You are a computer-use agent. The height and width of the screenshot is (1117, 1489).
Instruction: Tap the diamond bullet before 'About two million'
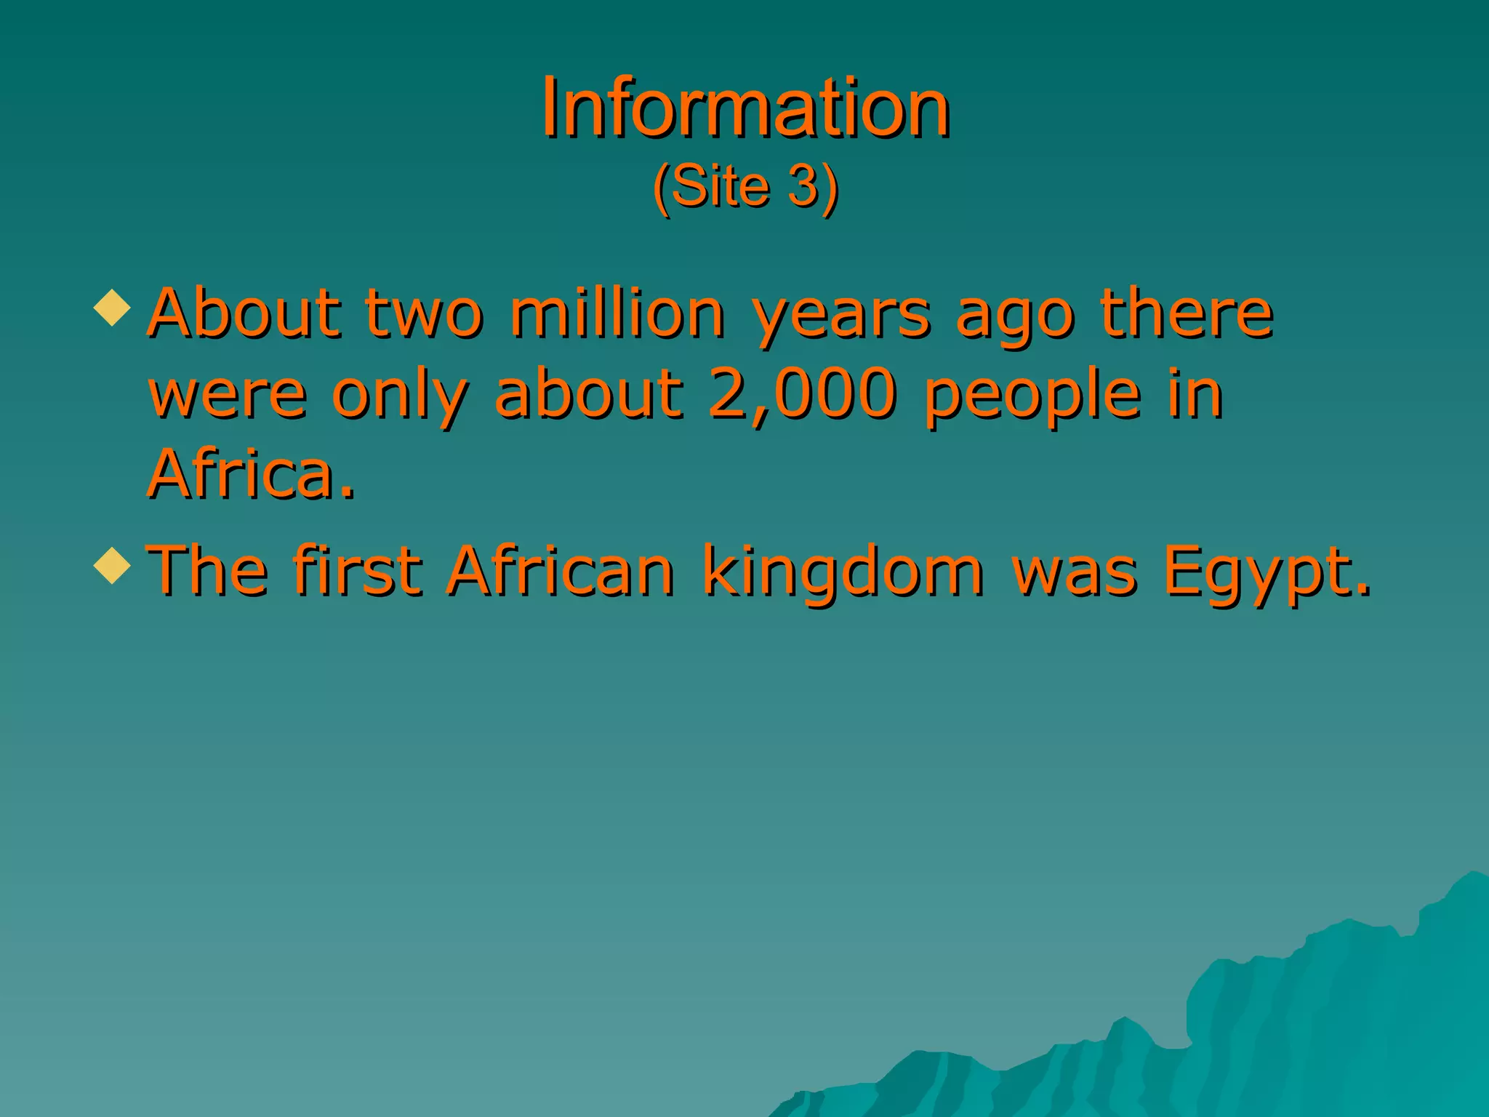[x=113, y=307]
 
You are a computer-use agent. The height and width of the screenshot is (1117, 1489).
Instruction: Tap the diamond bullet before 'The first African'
[x=113, y=565]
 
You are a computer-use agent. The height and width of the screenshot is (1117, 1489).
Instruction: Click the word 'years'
[x=842, y=317]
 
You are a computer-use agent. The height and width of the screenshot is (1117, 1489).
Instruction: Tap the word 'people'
[x=1033, y=397]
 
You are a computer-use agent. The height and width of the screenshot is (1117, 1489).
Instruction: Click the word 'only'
[x=401, y=397]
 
